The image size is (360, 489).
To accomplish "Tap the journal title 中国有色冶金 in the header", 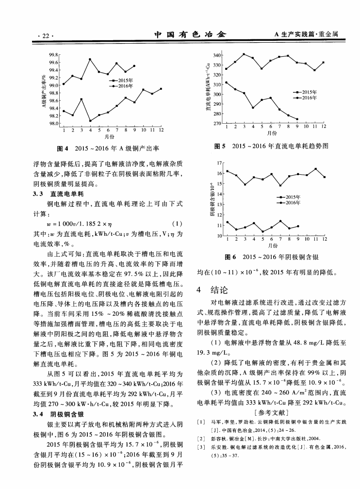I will point(190,35).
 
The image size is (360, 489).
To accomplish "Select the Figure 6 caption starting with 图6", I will point(272,256).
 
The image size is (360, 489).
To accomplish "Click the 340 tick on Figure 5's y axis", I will point(218,55).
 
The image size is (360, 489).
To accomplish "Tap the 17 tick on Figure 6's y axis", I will point(219,163).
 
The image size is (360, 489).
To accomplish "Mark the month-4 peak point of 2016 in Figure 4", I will point(90,59).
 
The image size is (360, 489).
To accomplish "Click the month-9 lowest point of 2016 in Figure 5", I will point(297,119).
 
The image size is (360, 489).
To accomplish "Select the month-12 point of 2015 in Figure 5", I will point(324,63).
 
